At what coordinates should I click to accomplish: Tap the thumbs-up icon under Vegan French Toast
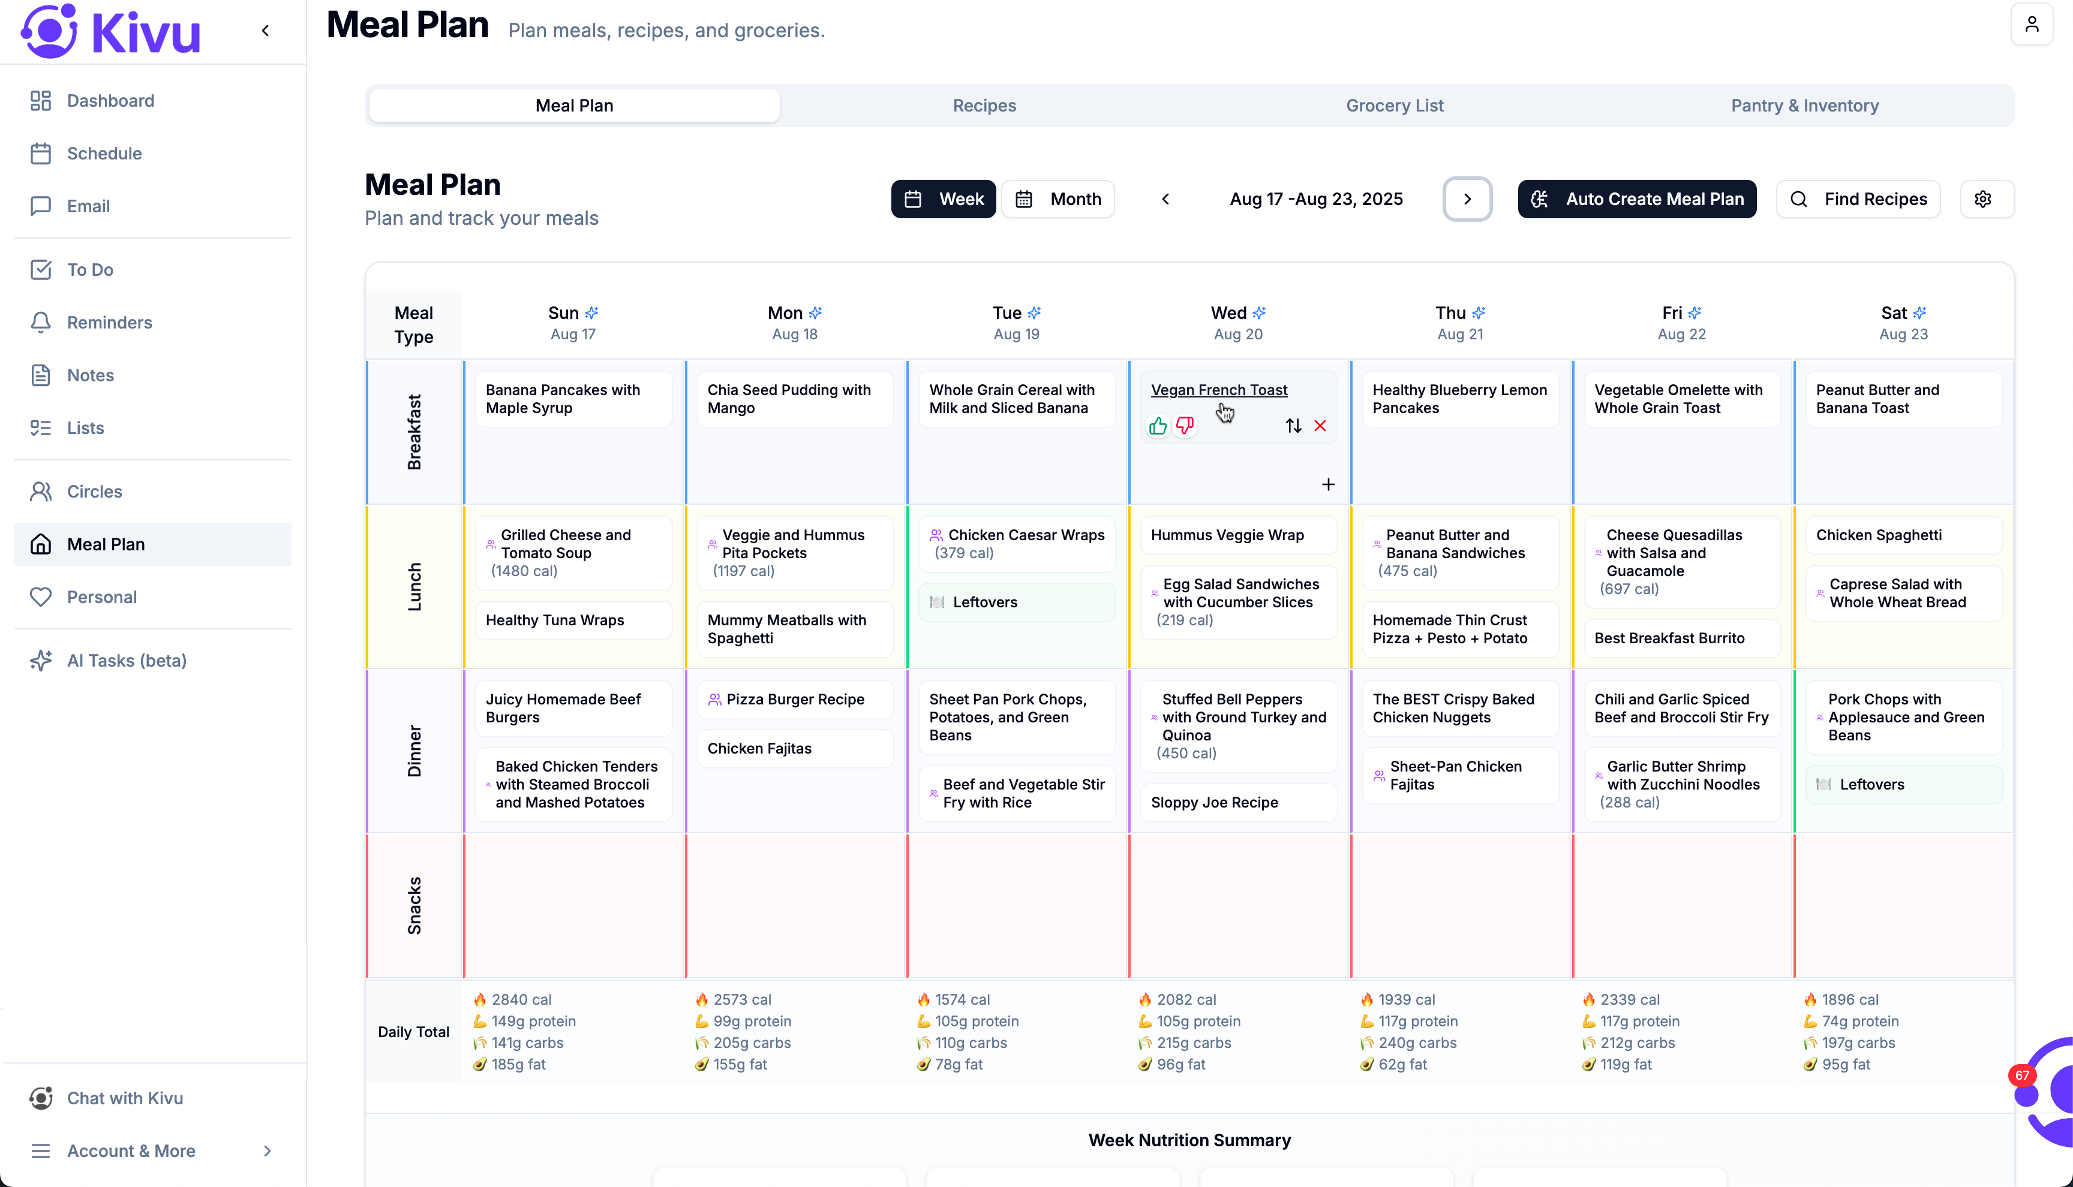pos(1157,426)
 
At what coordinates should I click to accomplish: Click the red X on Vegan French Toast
pos(1320,426)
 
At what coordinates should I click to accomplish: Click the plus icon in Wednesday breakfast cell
pos(1327,484)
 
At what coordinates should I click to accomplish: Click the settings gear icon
pos(1982,199)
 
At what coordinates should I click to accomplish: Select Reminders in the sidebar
pos(109,322)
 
